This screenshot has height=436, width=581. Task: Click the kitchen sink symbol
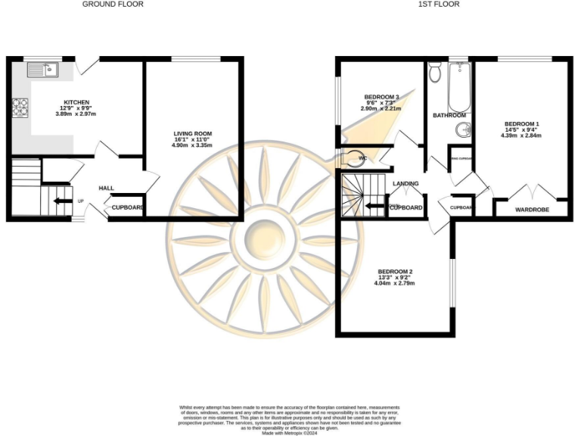click(x=43, y=70)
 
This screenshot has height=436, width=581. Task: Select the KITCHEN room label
click(x=76, y=102)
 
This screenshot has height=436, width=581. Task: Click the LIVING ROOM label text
click(x=192, y=134)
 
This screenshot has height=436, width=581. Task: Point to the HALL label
click(x=106, y=188)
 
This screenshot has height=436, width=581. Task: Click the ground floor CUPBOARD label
click(x=128, y=207)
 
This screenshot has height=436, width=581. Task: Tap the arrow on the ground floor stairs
click(x=58, y=201)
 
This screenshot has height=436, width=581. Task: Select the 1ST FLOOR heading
click(x=439, y=5)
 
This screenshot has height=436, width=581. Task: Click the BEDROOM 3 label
click(x=381, y=97)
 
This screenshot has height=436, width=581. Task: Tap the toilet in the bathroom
click(x=434, y=74)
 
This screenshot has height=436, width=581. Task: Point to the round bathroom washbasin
click(x=463, y=130)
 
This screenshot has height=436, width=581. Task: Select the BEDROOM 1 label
click(x=522, y=123)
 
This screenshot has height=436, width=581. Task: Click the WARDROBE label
click(x=532, y=209)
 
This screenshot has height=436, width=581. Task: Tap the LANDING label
click(x=405, y=184)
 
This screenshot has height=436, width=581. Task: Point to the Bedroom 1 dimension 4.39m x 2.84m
click(x=522, y=135)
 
